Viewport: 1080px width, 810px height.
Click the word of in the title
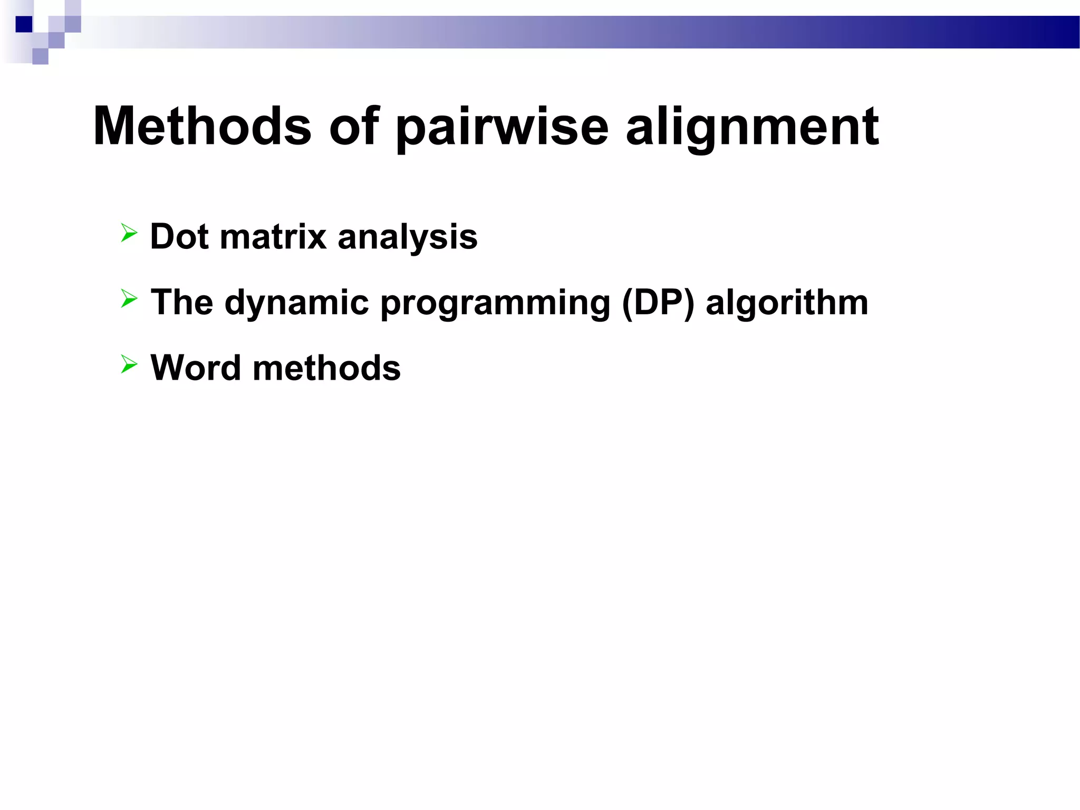pos(354,127)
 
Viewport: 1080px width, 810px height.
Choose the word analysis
pos(407,237)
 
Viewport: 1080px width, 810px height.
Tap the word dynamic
pos(296,303)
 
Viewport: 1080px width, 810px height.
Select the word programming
pos(495,303)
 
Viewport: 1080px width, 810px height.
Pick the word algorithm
pos(786,303)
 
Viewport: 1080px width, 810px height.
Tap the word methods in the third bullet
pos(326,368)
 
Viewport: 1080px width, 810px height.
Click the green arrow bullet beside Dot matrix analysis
pos(129,233)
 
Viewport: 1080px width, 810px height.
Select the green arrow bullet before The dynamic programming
pos(129,298)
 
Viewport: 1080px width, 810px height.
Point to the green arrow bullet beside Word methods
pos(129,364)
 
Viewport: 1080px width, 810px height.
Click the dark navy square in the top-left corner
pos(24,24)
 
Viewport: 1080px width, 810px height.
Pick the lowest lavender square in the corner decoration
pos(40,56)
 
